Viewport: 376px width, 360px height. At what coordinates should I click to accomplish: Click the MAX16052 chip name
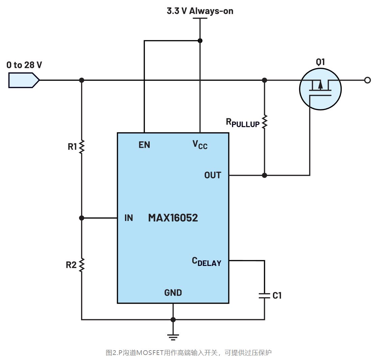point(173,218)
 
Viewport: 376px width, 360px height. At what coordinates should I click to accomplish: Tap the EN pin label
point(144,145)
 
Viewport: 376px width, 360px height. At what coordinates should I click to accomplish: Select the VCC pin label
point(200,145)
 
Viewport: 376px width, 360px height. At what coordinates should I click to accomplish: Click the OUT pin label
point(212,175)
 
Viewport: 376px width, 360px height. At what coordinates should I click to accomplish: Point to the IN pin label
point(129,218)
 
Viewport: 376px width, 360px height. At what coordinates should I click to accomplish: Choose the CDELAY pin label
point(206,262)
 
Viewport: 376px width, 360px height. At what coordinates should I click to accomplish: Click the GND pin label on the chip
point(173,293)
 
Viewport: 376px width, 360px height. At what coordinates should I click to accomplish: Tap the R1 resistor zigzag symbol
point(81,147)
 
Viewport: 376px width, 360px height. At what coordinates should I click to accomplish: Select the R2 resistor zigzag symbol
point(81,265)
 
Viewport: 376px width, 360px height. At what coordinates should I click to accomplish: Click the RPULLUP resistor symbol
point(265,121)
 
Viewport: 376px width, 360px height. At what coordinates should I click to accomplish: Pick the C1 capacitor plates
point(265,296)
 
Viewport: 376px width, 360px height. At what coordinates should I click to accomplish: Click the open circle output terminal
point(368,80)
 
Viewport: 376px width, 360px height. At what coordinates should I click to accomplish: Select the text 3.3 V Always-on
point(200,11)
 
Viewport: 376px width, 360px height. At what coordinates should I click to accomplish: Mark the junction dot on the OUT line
point(265,175)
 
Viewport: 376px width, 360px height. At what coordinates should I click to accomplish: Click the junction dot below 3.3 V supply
point(200,40)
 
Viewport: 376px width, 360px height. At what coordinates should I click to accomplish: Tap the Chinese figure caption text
point(189,353)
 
